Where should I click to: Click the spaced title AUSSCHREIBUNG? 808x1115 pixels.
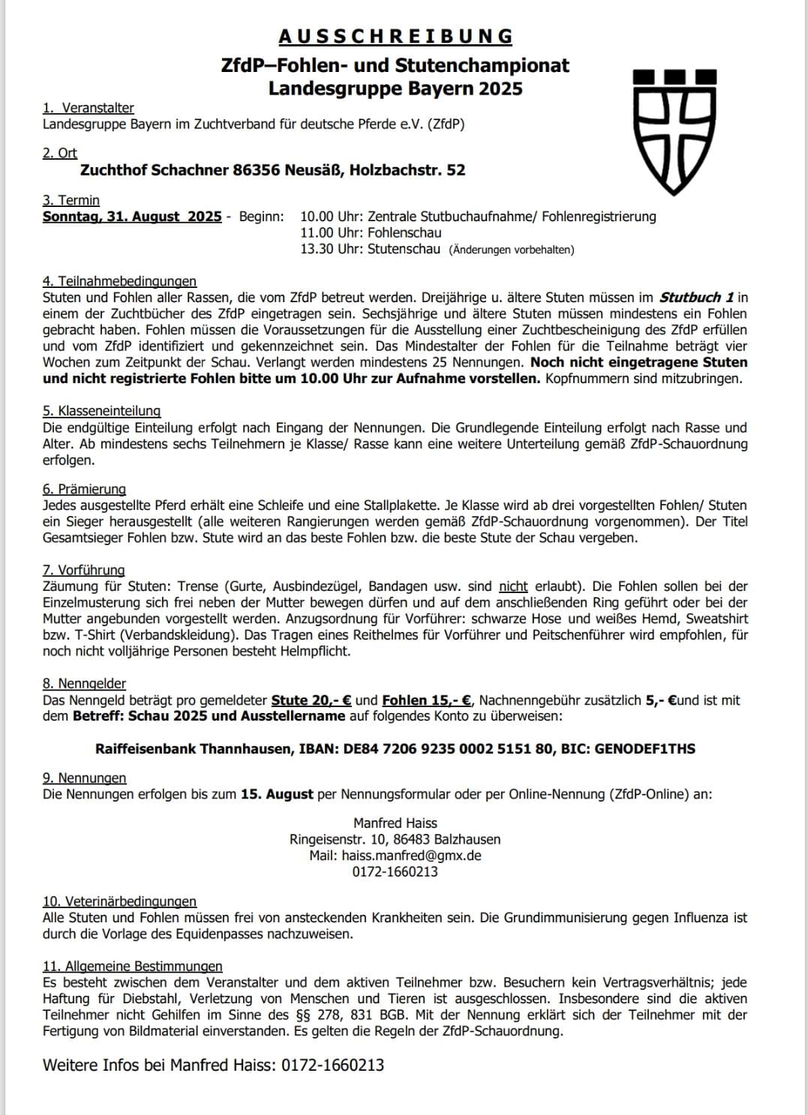pos(395,36)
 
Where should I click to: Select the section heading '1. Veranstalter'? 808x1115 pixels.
pos(89,108)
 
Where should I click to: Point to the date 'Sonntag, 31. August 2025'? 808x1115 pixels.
pos(132,217)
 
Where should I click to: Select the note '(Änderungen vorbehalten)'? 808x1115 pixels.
pos(512,250)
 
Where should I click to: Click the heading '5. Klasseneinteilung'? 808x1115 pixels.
pos(101,411)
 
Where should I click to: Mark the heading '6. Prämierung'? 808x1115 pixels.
pos(84,490)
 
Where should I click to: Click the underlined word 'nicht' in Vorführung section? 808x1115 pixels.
pos(513,586)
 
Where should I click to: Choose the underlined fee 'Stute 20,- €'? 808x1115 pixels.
pos(311,700)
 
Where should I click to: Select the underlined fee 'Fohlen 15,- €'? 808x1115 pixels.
pos(426,700)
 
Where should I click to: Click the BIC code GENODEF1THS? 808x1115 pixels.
pos(644,748)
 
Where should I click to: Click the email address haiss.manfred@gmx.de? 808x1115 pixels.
pos(411,856)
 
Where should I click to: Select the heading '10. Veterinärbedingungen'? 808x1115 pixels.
pos(119,901)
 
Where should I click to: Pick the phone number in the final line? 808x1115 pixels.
pos(332,1065)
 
